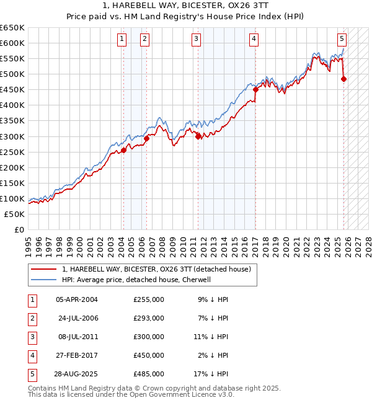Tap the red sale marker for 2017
pyautogui.click(x=255, y=89)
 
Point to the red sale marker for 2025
pyautogui.click(x=344, y=79)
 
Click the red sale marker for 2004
pyautogui.click(x=123, y=150)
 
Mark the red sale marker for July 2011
pyautogui.click(x=198, y=136)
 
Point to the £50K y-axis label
pyautogui.click(x=15, y=214)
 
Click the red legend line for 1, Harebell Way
pyautogui.click(x=44, y=269)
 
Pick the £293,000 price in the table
pyautogui.click(x=149, y=318)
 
